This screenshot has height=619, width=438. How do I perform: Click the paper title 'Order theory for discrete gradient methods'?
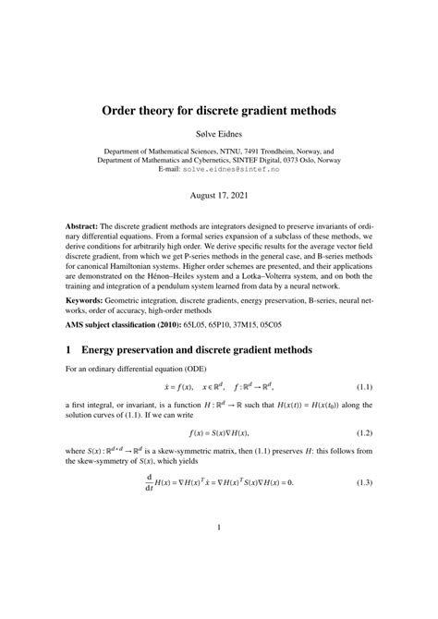point(218,110)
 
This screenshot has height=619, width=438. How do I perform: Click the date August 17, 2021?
point(218,197)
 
